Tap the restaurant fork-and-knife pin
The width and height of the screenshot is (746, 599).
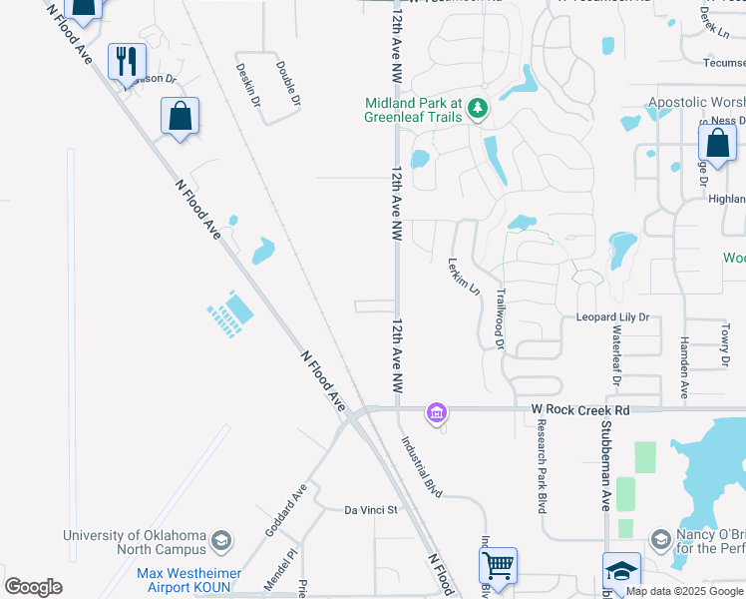coord(127,62)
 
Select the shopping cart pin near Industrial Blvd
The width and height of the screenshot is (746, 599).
coord(498,566)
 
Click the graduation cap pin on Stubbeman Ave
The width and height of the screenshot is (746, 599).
coord(621,571)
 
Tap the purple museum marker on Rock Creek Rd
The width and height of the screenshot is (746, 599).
coord(436,411)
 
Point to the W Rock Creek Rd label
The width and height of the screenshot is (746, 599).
coord(580,409)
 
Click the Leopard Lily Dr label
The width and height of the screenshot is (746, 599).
coord(612,317)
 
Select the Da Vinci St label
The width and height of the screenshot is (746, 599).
coord(371,509)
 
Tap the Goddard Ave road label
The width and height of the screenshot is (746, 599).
coord(286,511)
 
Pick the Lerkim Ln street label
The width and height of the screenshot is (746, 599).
coord(460,277)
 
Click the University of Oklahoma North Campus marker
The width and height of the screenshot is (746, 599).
coord(220,542)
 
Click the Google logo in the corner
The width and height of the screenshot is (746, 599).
coord(34,587)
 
